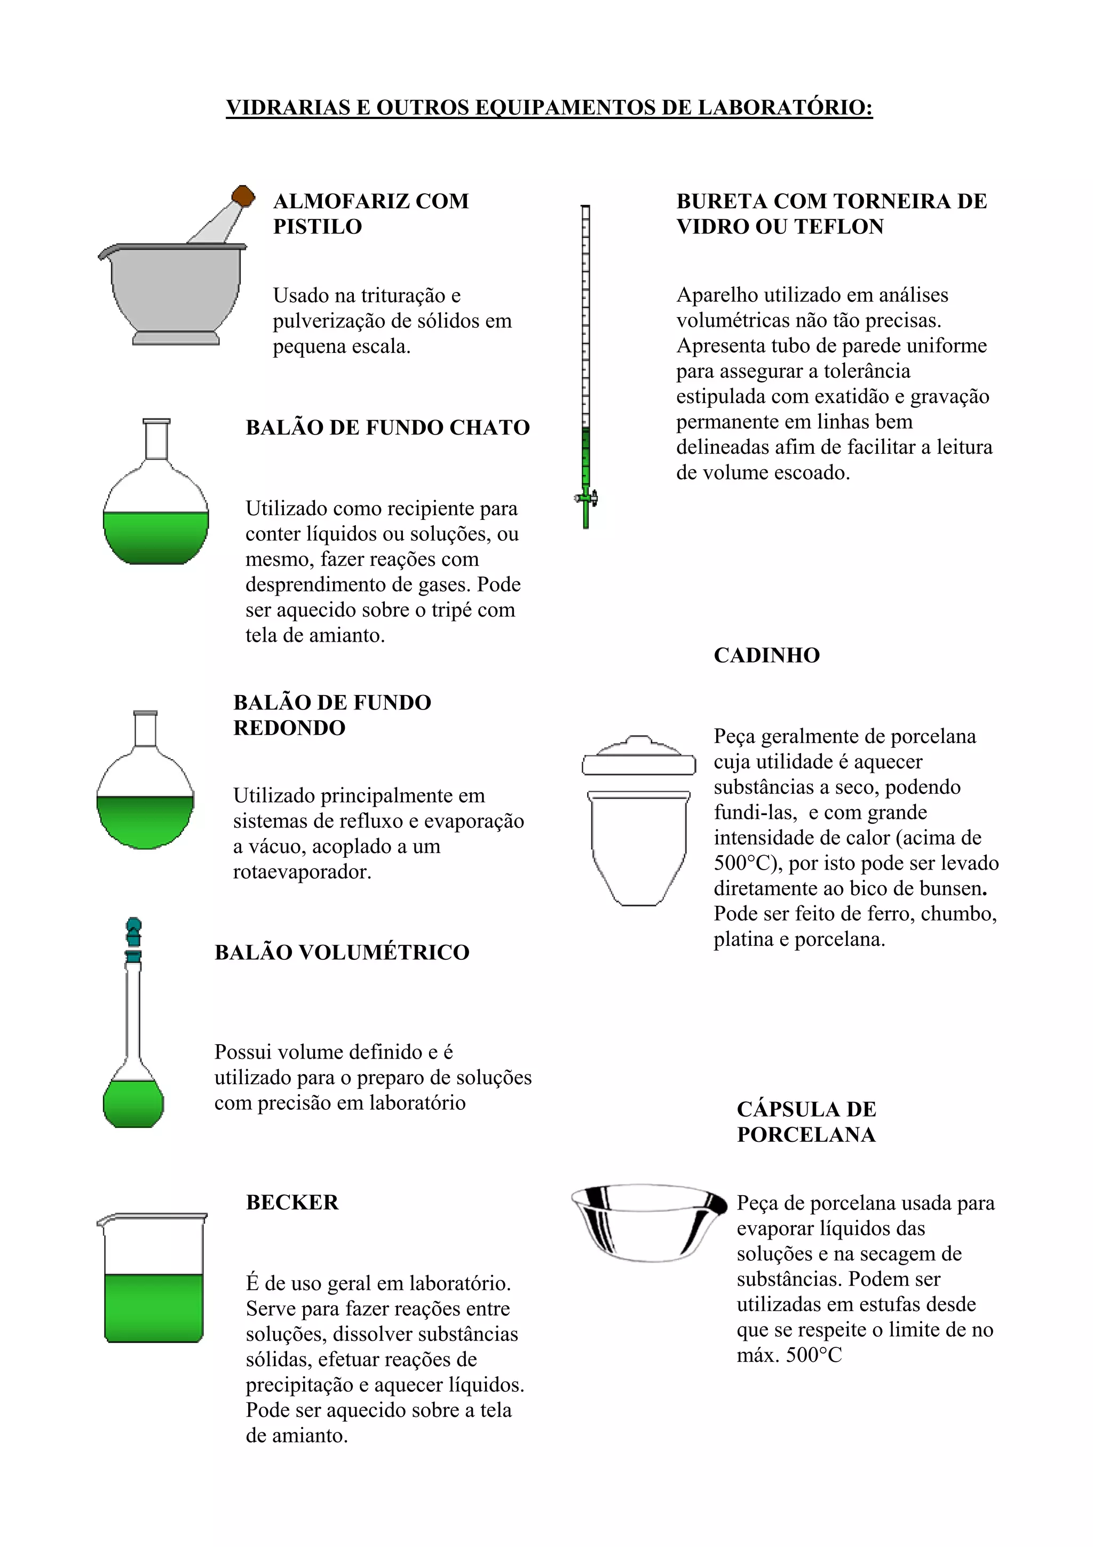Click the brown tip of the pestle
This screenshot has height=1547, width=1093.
243,196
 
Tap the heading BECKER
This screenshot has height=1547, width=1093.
292,1202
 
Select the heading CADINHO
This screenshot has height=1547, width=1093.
766,655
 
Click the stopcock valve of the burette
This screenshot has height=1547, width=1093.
587,499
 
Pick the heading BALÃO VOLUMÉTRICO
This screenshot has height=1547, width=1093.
342,952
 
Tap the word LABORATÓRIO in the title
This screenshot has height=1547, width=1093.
785,107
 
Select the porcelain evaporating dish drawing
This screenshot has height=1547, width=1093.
648,1223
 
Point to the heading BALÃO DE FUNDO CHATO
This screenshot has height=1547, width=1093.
387,427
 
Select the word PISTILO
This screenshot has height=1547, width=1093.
317,226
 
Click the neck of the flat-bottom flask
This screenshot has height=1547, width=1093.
156,441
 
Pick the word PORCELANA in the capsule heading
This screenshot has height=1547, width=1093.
806,1135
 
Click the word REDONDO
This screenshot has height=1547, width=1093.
290,728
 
